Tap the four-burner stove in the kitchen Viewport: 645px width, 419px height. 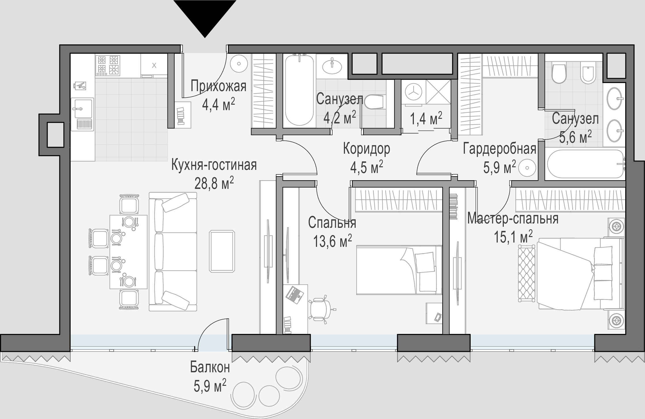point(108,66)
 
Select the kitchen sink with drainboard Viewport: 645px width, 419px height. point(83,114)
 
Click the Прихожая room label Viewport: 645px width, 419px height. point(218,86)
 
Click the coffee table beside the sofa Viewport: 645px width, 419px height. point(222,251)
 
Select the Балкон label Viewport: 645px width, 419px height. point(210,367)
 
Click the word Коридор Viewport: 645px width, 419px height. point(367,149)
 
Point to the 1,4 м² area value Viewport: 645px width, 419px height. point(426,119)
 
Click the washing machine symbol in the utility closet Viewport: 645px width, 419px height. point(413,92)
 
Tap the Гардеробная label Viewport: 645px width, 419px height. point(499,149)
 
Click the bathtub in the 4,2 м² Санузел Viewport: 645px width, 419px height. point(299,90)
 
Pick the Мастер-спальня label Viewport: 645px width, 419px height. point(513,218)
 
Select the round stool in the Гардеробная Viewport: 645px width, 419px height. point(527,168)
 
